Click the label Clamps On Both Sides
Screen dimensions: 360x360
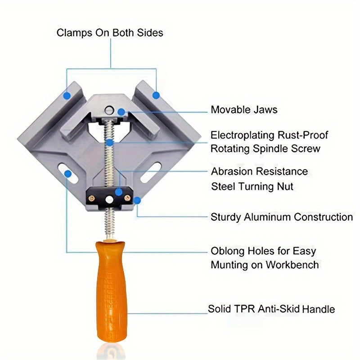pos(110,33)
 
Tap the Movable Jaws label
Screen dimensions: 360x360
pos(244,110)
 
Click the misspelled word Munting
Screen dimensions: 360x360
pos(229,265)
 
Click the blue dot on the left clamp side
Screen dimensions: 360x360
pos(67,95)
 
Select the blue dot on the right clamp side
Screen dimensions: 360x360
pos(156,95)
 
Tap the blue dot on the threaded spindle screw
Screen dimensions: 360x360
pos(110,143)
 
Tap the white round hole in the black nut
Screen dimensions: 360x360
pos(109,198)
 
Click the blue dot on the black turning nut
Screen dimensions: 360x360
pos(118,192)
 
